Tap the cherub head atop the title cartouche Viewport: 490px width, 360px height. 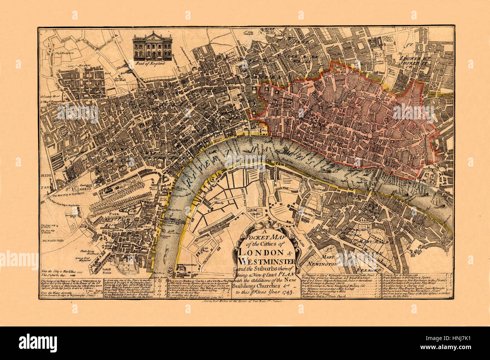pyautogui.click(x=264, y=226)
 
